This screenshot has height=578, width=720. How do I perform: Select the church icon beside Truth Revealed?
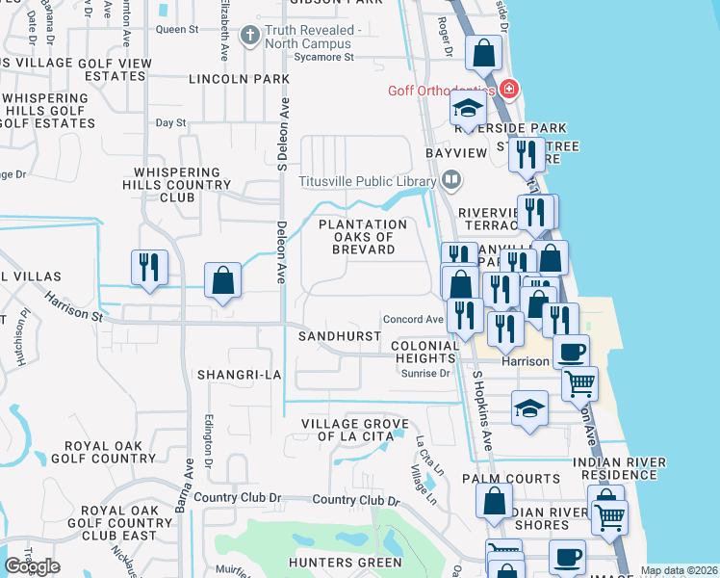tap(250, 37)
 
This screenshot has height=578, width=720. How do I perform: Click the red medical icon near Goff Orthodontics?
tap(508, 91)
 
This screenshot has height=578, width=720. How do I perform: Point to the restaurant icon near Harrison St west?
tap(149, 268)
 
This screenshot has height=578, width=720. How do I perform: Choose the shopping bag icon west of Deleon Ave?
tap(222, 281)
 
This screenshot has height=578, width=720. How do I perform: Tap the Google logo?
tap(32, 566)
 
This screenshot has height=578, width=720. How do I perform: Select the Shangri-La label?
tap(238, 373)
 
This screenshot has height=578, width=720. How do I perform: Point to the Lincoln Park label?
tap(240, 78)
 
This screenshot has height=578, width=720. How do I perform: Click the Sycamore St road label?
tap(323, 57)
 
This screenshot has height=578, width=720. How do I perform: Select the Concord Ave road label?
tap(413, 319)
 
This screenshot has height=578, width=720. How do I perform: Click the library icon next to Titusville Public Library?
tap(450, 180)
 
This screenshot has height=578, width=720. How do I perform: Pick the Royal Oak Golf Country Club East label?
tap(119, 522)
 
